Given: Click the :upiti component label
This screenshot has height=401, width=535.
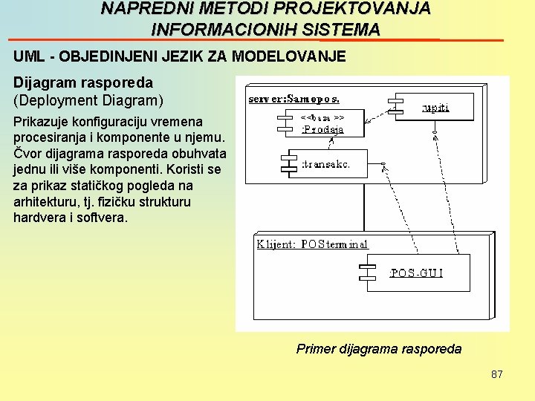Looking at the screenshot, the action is coord(435,108).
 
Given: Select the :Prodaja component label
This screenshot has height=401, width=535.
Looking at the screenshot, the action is coord(322,129).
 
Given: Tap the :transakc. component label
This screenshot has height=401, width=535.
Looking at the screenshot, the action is coord(325,164).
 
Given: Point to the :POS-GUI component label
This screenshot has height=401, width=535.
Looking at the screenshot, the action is coord(417,273).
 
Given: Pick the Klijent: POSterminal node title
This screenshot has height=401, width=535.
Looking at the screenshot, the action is coord(312,244).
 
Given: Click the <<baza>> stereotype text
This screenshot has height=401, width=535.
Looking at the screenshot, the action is coord(322,117).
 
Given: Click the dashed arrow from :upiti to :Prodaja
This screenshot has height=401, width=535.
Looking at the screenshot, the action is coord(371,113).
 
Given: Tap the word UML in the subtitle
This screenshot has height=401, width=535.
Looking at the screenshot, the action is coord(28,56).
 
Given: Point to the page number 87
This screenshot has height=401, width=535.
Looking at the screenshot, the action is coord(497,374).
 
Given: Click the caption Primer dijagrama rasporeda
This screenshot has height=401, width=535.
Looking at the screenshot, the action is coord(378,349).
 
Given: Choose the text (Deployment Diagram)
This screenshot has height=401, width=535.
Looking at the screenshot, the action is coord(88,100).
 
